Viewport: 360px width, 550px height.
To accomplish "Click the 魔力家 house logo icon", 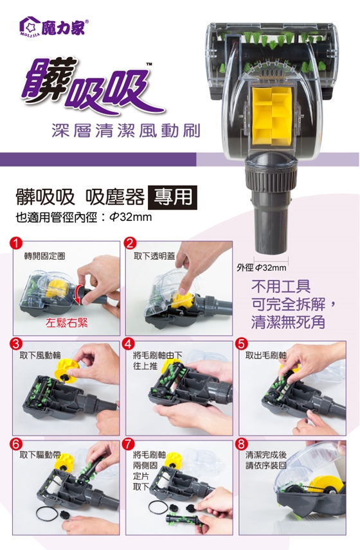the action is coord(30,26).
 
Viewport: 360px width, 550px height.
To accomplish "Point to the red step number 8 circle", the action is coord(242,444).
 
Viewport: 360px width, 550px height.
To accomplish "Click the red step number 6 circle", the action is coord(16,444).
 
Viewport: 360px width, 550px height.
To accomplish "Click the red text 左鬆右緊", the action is coord(67,323).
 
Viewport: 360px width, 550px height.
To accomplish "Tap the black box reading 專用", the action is coord(173,197).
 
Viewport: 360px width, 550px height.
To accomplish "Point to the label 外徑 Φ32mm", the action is coord(262,268).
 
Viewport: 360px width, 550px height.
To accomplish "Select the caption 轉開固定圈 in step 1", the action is coord(44,256).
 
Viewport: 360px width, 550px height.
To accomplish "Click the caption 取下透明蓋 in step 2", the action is coord(154,256).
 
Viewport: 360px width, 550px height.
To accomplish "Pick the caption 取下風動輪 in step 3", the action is coord(40,356).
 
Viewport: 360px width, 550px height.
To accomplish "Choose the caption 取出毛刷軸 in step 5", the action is coord(266,356).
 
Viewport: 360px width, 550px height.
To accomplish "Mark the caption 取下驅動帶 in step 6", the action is coord(40,456).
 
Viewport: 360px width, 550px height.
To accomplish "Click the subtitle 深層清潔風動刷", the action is coord(126,130).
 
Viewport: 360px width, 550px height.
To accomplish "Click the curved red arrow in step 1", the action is coord(78,293).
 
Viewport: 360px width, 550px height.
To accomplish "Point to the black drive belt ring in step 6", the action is coord(47,513).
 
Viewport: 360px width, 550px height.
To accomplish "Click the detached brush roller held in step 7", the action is coord(183,519).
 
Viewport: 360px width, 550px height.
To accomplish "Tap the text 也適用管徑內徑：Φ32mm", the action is coord(84,217).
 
